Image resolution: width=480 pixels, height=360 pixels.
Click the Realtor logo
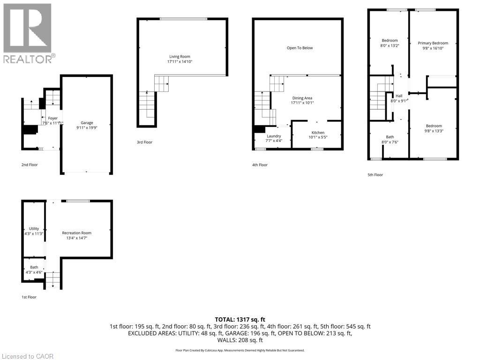(x=28, y=33)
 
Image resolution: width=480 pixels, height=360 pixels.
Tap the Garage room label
(x=87, y=123)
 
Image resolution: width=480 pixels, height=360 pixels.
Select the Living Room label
(x=180, y=56)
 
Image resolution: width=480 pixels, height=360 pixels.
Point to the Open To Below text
(x=300, y=48)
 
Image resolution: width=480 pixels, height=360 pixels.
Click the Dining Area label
(x=302, y=98)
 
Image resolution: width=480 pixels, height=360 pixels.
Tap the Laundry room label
(x=274, y=136)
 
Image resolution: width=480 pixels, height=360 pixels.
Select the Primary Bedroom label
(x=433, y=43)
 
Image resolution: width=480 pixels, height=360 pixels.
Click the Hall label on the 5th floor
(x=398, y=95)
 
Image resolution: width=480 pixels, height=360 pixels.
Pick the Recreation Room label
(x=77, y=233)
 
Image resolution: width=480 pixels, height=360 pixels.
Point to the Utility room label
(x=34, y=229)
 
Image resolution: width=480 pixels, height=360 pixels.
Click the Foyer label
(x=52, y=118)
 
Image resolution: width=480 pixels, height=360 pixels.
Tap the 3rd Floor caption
(x=145, y=142)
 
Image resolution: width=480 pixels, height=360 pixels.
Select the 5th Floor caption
(x=375, y=175)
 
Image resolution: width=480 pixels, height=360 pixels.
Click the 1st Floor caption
(x=29, y=297)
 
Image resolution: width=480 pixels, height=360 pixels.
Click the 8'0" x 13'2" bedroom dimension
(x=390, y=46)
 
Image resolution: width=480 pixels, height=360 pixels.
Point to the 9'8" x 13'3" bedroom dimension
(x=434, y=131)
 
